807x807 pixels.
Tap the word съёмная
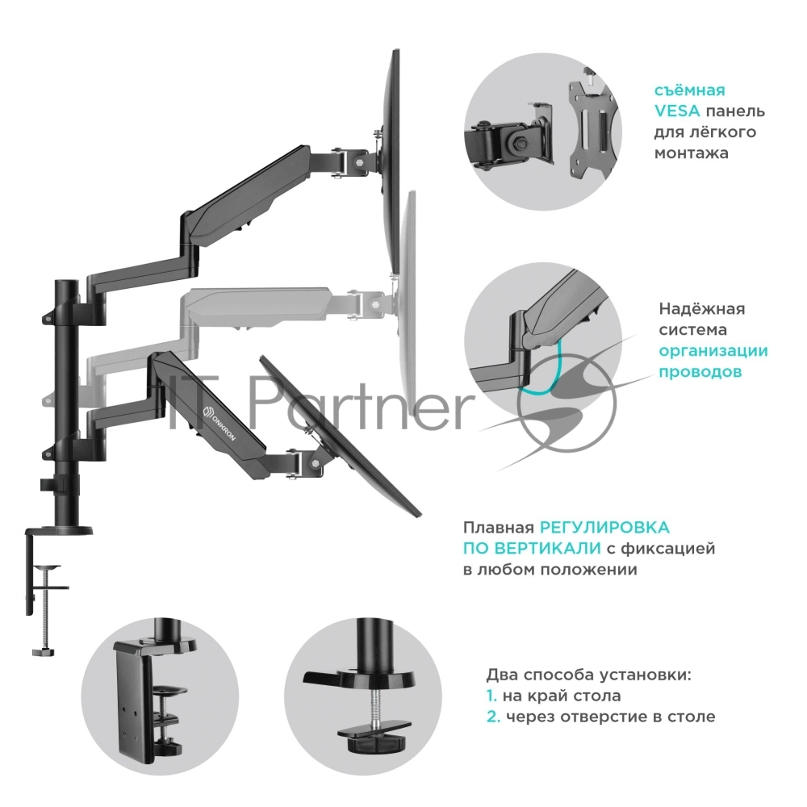(x=690, y=90)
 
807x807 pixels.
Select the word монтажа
(x=692, y=153)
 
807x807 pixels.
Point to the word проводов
(x=700, y=372)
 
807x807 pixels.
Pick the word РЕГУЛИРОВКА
(x=604, y=528)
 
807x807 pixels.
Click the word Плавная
(x=497, y=528)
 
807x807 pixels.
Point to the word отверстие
(x=613, y=717)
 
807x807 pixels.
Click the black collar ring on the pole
(x=61, y=486)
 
